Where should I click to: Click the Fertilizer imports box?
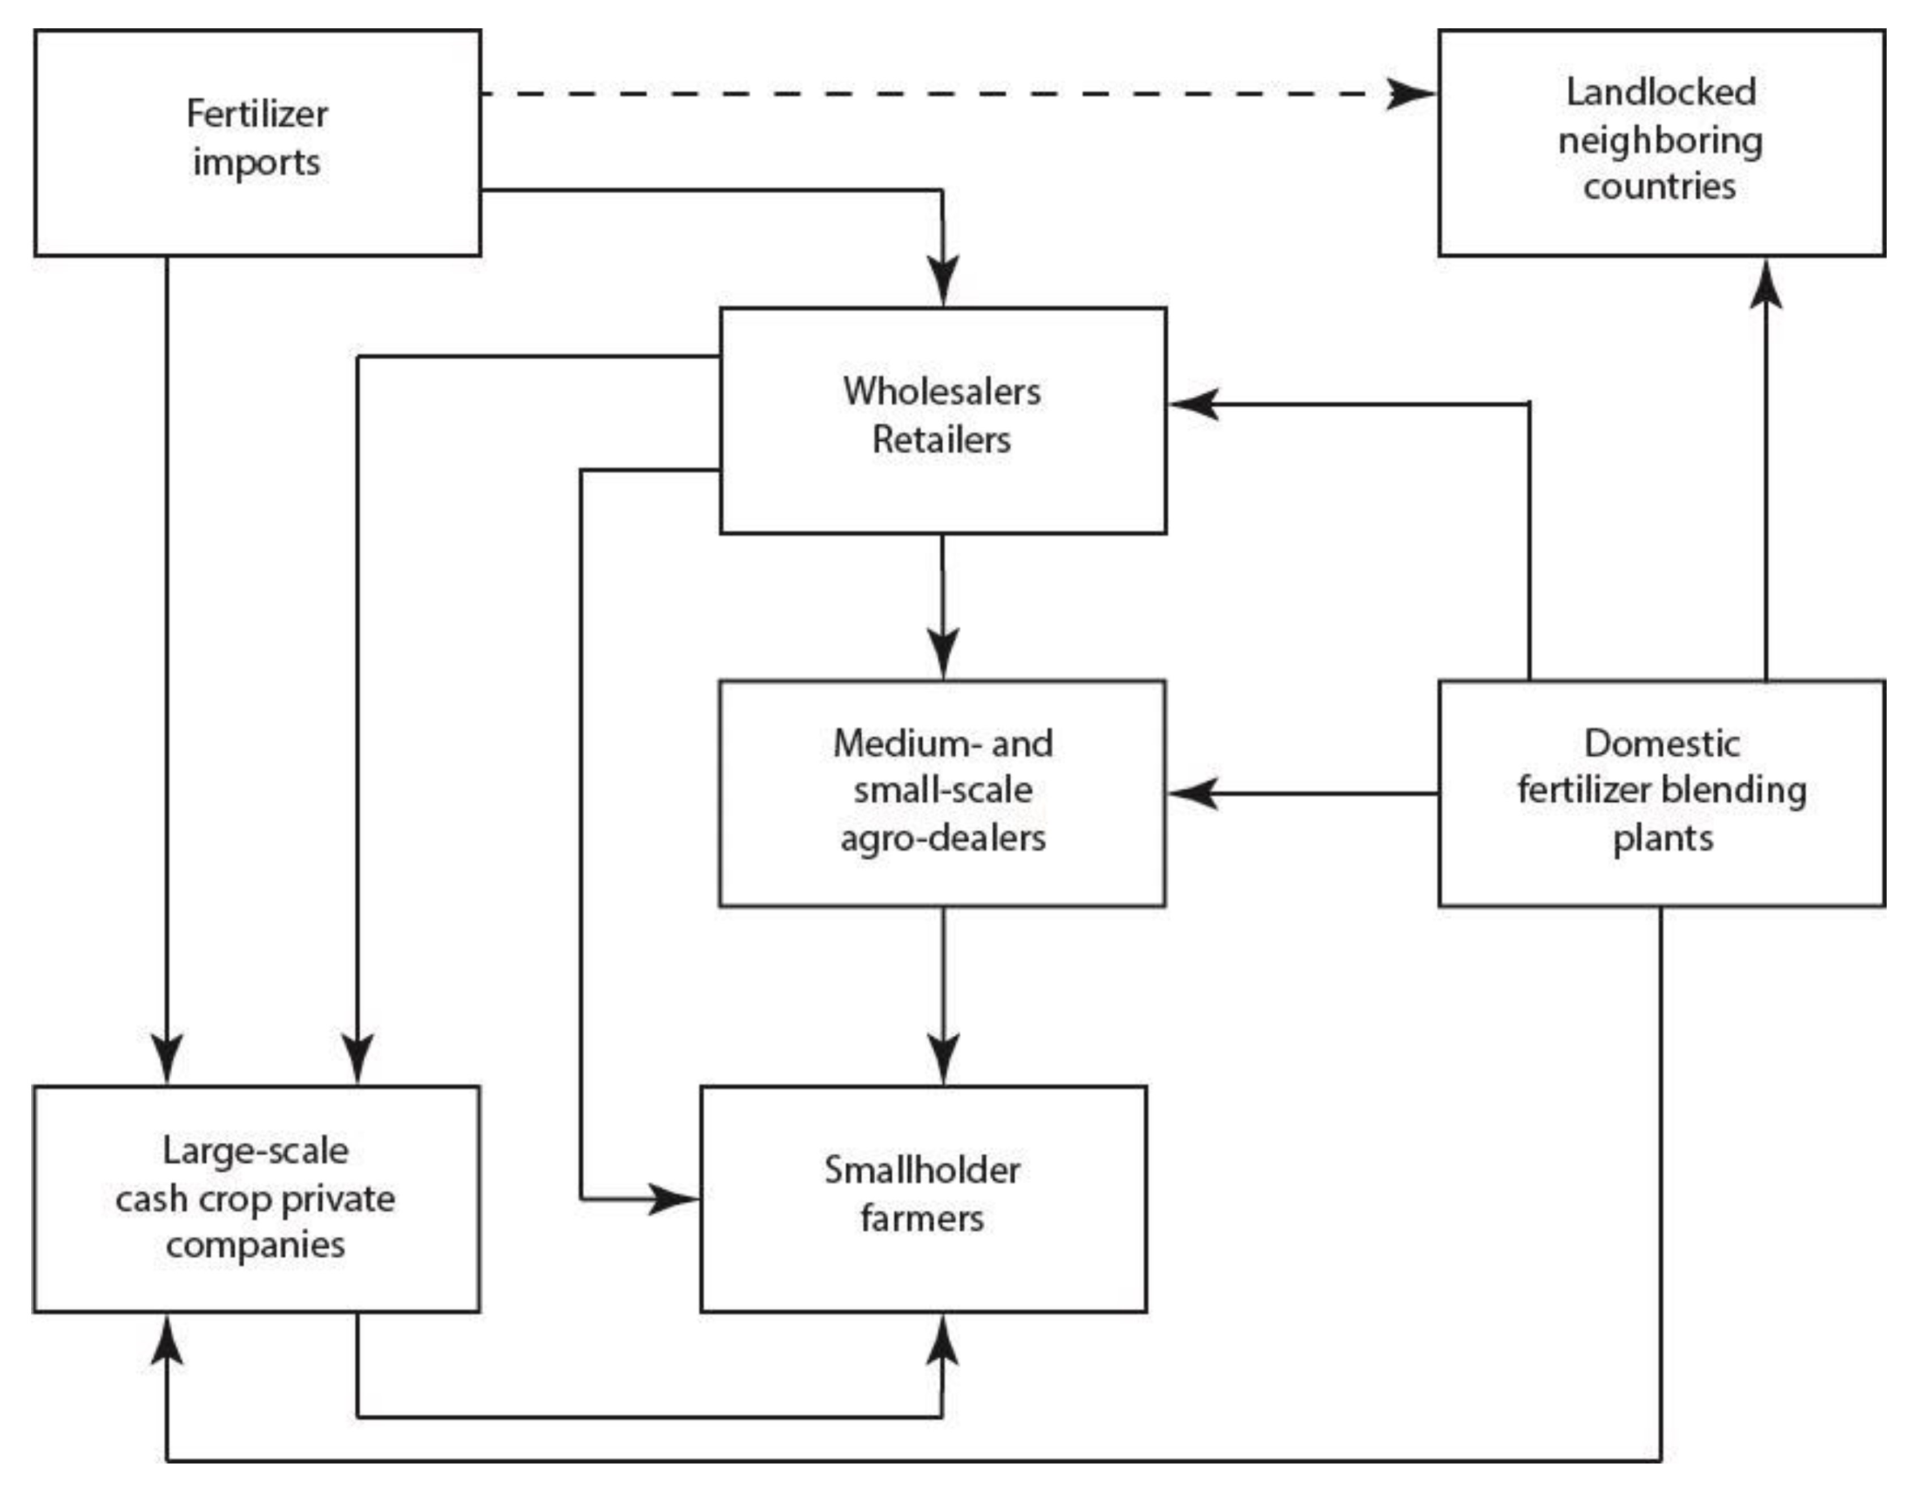(x=257, y=143)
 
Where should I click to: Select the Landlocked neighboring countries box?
(x=1661, y=143)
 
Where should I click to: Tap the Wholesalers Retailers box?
(x=942, y=420)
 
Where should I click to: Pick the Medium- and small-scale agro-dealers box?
(x=942, y=793)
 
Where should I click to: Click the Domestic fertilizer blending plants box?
(x=1661, y=793)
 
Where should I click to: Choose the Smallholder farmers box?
(x=923, y=1198)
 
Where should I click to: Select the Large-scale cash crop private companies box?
(x=257, y=1198)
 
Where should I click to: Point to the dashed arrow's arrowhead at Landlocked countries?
(x=1411, y=93)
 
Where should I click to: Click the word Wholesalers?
(x=942, y=391)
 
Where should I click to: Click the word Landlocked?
(x=1660, y=92)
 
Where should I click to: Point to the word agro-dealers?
(x=942, y=838)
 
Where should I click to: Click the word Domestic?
(x=1661, y=743)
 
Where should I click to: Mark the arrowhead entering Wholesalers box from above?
(x=942, y=282)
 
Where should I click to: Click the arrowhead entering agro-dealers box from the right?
(x=1191, y=793)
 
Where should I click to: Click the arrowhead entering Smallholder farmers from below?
(x=942, y=1341)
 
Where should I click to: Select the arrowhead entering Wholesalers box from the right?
(x=1191, y=404)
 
